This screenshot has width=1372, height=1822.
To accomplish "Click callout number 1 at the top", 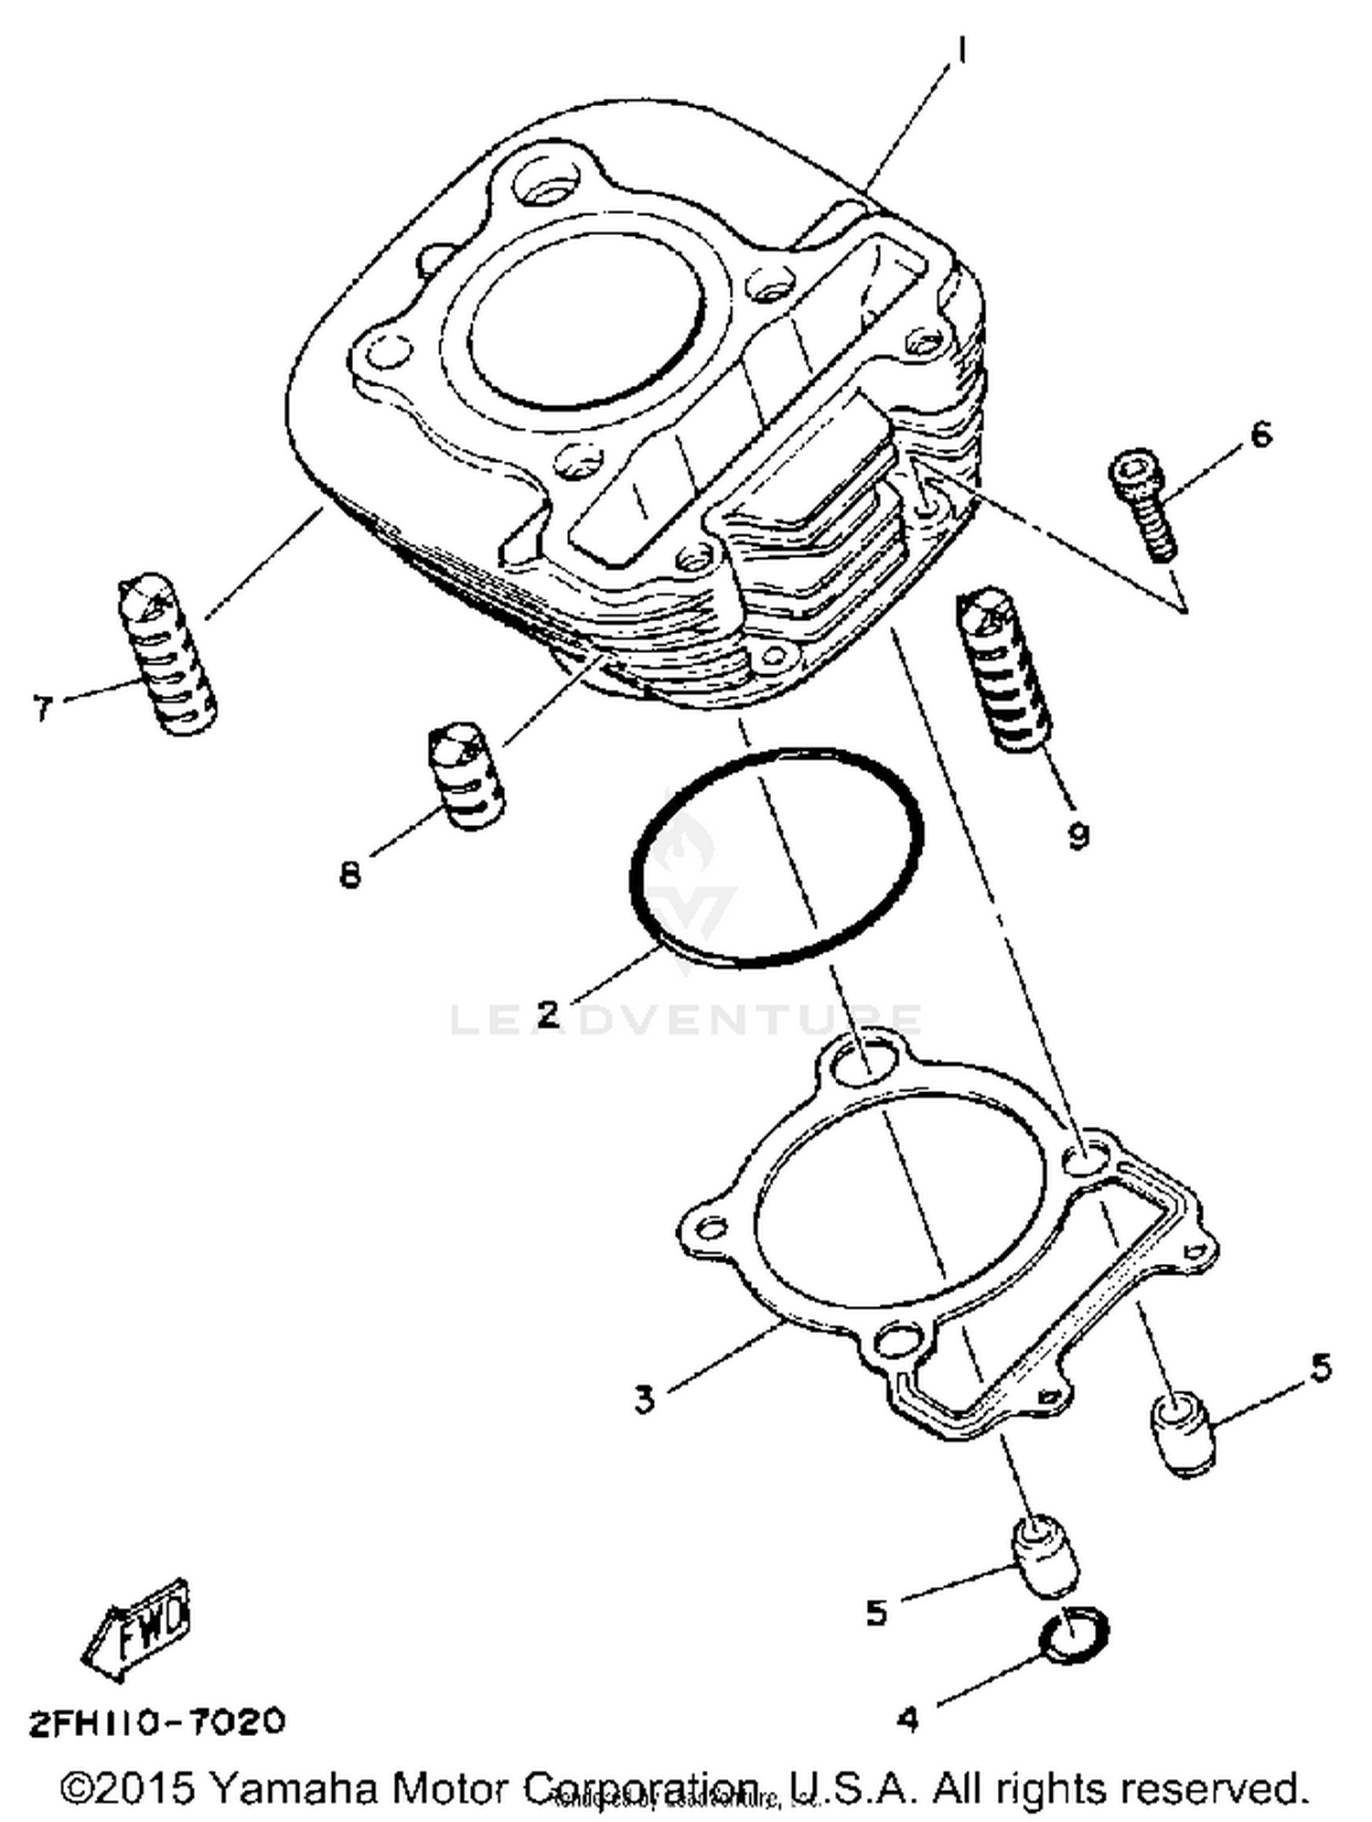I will pos(960,50).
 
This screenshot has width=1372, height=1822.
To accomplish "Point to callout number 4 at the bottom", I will pos(906,1720).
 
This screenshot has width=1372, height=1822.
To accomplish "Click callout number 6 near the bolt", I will pos(1260,434).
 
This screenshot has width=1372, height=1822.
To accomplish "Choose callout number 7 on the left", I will pos(43,707).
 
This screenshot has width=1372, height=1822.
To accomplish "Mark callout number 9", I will pos(1078,834).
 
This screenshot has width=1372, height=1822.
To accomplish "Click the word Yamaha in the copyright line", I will pos(294,1786).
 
